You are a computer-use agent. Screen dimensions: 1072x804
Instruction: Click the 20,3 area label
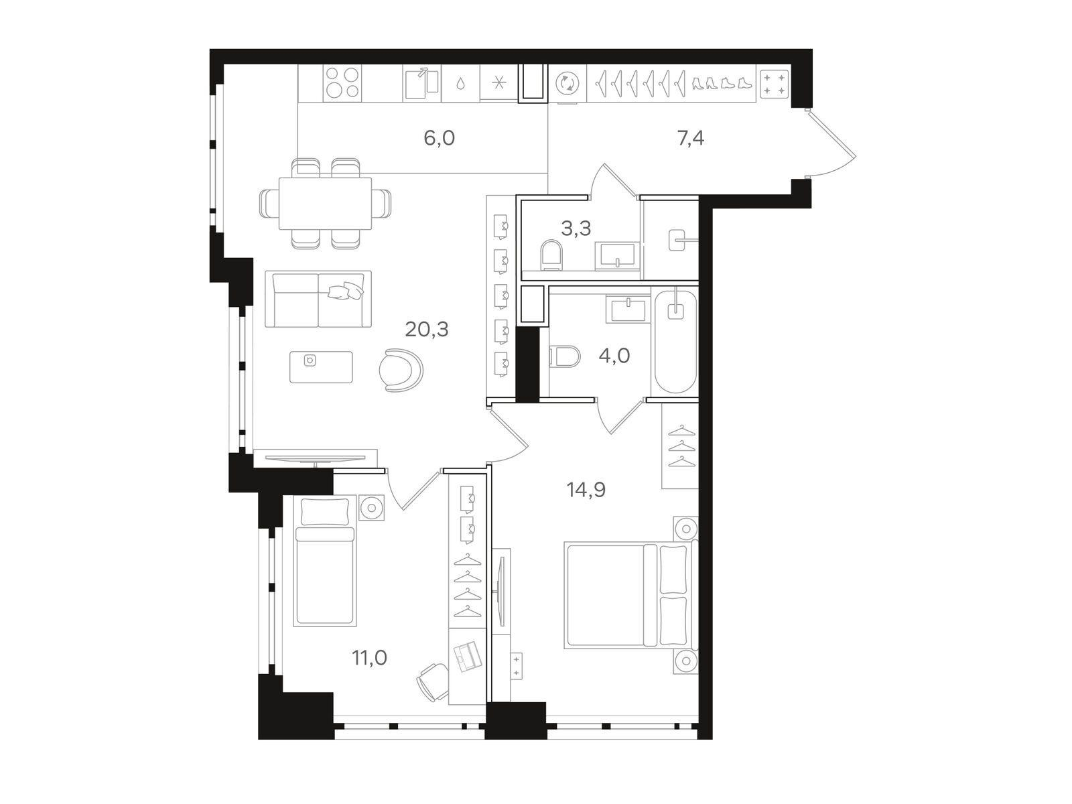click(426, 330)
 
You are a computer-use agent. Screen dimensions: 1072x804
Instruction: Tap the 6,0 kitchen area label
click(439, 139)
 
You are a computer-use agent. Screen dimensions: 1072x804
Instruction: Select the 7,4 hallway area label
click(691, 139)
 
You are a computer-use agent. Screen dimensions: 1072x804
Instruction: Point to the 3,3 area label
click(576, 228)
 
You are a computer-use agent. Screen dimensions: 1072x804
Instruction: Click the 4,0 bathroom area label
click(614, 356)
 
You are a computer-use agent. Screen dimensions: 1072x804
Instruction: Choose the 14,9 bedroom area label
click(586, 490)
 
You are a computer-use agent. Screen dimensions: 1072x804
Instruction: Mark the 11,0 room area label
click(370, 659)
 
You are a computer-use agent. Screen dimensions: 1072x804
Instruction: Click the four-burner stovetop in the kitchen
click(343, 83)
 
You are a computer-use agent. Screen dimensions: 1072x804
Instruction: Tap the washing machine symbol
click(567, 84)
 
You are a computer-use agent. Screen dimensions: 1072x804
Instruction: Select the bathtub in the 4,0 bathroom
click(675, 342)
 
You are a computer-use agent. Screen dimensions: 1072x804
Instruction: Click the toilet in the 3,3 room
click(552, 255)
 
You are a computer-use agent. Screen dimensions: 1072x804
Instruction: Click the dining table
click(325, 203)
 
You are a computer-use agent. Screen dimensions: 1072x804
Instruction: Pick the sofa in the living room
click(318, 299)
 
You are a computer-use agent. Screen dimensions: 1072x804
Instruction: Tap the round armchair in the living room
click(401, 370)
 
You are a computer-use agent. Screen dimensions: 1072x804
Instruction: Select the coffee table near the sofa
click(321, 367)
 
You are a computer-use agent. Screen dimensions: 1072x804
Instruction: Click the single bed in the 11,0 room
click(325, 561)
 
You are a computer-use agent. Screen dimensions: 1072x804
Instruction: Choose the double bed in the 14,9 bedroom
click(631, 594)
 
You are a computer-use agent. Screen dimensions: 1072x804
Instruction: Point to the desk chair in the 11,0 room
click(433, 682)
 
